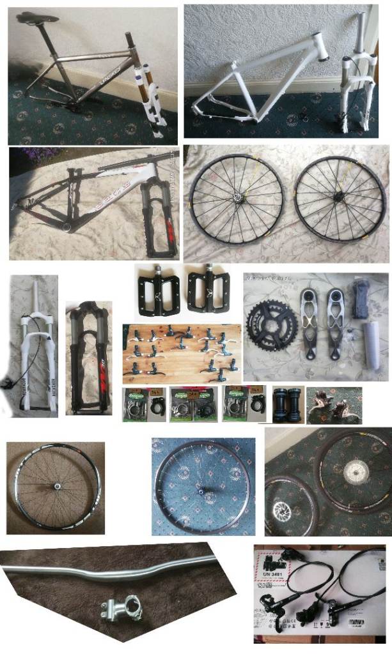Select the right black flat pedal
click(206, 287)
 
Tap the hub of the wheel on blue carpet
click(203, 491)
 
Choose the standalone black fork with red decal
click(89, 358)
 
